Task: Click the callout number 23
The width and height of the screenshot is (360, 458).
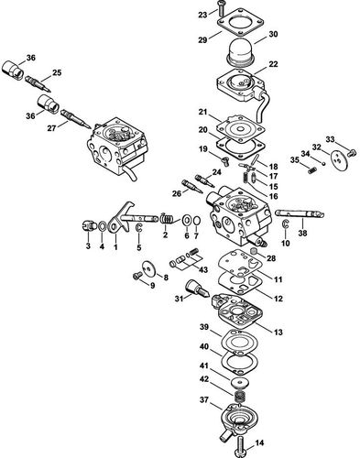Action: [202, 16]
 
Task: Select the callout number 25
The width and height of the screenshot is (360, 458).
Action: [57, 72]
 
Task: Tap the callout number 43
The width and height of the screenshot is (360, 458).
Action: [204, 269]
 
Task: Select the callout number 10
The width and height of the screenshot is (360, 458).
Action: [286, 244]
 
